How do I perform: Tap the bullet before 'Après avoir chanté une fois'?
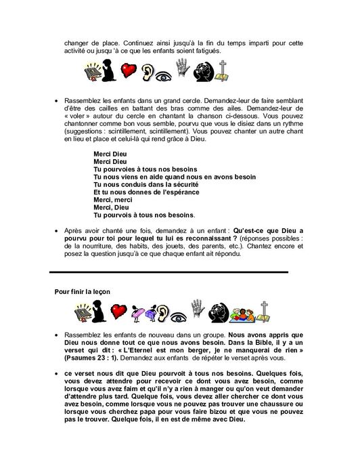coord(55,231)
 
